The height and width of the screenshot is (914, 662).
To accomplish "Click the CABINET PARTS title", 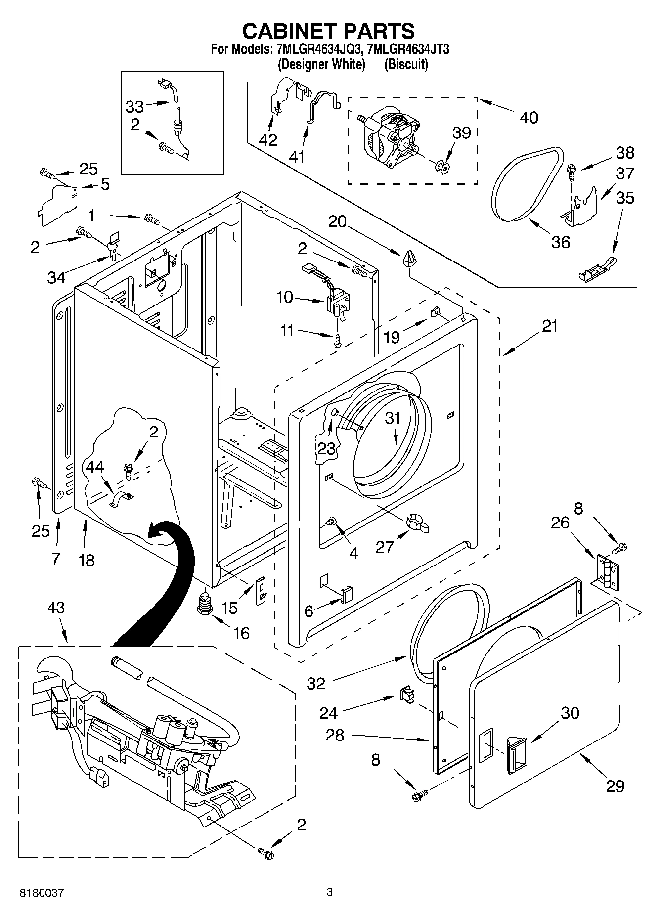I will click(x=328, y=31).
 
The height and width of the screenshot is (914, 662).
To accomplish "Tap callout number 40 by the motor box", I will click(x=529, y=117).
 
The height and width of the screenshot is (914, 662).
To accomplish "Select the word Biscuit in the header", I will click(x=406, y=64).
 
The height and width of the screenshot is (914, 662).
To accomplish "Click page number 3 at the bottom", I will click(x=329, y=892).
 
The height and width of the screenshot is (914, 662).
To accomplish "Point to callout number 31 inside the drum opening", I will click(x=393, y=418).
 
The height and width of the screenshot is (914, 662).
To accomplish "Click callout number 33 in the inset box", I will click(x=134, y=106).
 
